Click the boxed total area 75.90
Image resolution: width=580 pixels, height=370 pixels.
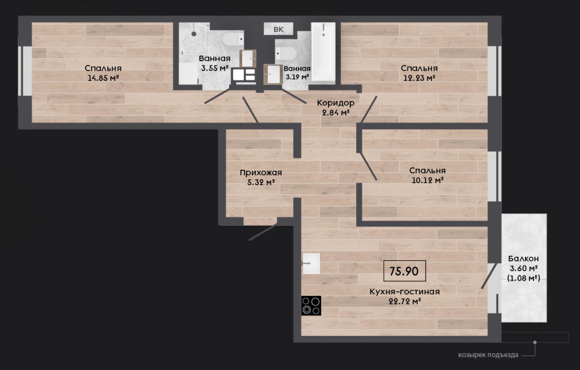click(404, 271)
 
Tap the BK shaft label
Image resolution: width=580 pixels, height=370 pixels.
click(278, 29)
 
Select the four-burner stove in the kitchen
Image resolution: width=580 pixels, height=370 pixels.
click(311, 306)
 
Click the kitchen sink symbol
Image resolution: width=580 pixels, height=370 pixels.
click(311, 263)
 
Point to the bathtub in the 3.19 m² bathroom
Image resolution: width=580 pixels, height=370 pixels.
click(324, 52)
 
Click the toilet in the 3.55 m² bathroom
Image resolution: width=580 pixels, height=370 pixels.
click(233, 39)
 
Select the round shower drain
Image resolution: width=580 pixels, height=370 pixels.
click(194, 34)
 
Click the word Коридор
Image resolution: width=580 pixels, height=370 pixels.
click(335, 103)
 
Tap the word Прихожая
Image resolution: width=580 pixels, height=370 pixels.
click(261, 173)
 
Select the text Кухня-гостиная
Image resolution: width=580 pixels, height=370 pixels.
click(404, 292)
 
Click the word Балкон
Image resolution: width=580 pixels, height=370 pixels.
click(523, 258)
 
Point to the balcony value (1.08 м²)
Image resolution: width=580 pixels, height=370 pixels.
click(524, 278)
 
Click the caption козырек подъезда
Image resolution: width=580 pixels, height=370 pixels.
click(488, 355)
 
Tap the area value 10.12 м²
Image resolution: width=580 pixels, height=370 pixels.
click(427, 180)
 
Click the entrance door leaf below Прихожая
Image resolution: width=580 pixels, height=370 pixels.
click(263, 232)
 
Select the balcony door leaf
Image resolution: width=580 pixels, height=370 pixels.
click(489, 276)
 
